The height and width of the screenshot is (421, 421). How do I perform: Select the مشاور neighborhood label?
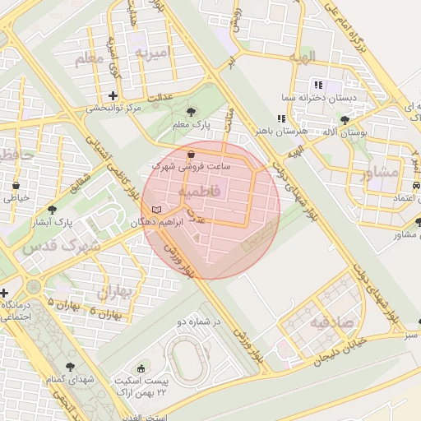point(379,173)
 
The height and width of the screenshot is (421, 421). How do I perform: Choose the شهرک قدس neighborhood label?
point(62,246)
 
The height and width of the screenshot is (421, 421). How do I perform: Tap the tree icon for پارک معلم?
point(192,111)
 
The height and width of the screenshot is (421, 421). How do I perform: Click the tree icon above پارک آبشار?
point(53,210)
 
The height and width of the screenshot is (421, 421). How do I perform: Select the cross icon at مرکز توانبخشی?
point(113,95)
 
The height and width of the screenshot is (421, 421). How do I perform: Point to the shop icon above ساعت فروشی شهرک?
point(192,154)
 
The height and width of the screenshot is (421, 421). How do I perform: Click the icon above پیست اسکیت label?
point(141,369)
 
